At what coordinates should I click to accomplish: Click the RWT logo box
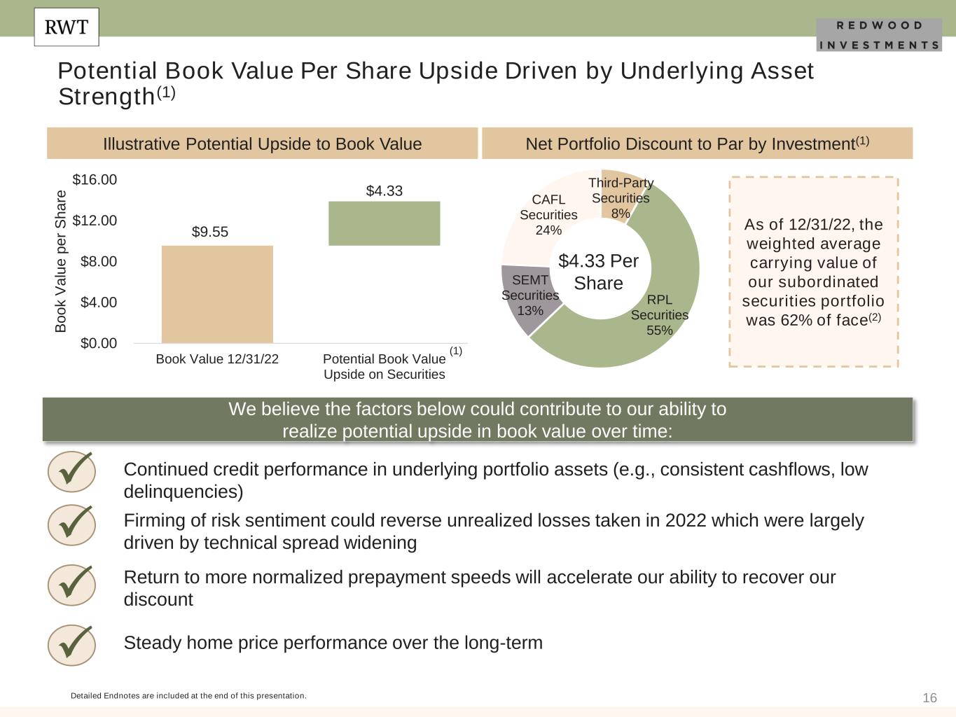pyautogui.click(x=67, y=27)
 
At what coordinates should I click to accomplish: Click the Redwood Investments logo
pyautogui.click(x=879, y=35)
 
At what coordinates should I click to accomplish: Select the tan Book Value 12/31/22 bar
pyautogui.click(x=217, y=294)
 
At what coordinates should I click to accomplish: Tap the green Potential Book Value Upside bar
pyautogui.click(x=384, y=223)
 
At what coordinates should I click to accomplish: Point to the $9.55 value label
pyautogui.click(x=210, y=232)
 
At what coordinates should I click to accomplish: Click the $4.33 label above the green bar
pyautogui.click(x=385, y=191)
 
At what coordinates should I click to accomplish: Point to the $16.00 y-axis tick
pyautogui.click(x=95, y=180)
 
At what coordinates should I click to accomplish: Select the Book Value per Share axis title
pyautogui.click(x=61, y=261)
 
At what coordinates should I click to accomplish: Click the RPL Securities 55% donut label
pyautogui.click(x=659, y=315)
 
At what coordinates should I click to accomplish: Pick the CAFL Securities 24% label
pyautogui.click(x=548, y=215)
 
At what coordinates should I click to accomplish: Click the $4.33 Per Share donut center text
pyautogui.click(x=598, y=272)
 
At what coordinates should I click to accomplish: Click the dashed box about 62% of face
pyautogui.click(x=813, y=272)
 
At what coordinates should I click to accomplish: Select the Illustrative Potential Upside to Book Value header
pyautogui.click(x=263, y=144)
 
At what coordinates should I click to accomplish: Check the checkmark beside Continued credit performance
pyautogui.click(x=71, y=471)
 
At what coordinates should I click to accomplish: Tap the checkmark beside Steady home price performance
pyautogui.click(x=71, y=644)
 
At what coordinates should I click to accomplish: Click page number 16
pyautogui.click(x=929, y=698)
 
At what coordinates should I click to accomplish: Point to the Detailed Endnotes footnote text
pyautogui.click(x=188, y=696)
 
